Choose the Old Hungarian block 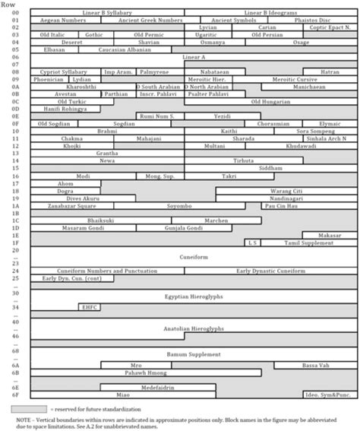click(x=270, y=100)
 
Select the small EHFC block click(x=89, y=308)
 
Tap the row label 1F click(x=15, y=242)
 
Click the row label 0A click(x=15, y=86)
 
